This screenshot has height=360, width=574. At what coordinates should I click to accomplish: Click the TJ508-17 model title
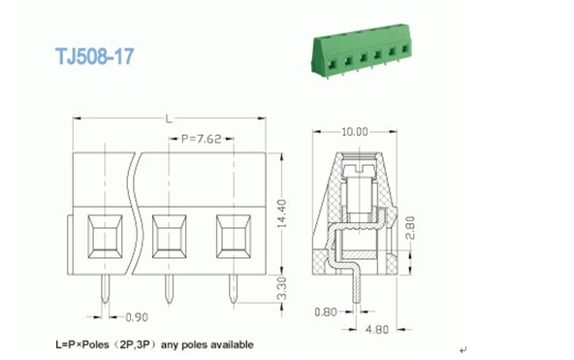point(95,56)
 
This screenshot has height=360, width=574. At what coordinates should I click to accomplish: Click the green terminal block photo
point(362,49)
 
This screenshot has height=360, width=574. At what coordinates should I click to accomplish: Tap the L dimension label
point(169,119)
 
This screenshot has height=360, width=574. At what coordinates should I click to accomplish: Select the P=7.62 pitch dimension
point(202,139)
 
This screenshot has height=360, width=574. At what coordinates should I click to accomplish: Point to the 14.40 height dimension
point(282,213)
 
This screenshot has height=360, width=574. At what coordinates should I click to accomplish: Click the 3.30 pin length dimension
point(281,288)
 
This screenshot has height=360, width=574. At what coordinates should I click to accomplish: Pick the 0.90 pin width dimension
point(137,317)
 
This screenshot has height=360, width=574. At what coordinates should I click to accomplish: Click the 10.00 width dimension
point(354,132)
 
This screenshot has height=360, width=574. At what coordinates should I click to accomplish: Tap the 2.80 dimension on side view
point(410,228)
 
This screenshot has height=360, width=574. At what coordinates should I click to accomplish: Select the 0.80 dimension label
point(326,312)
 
